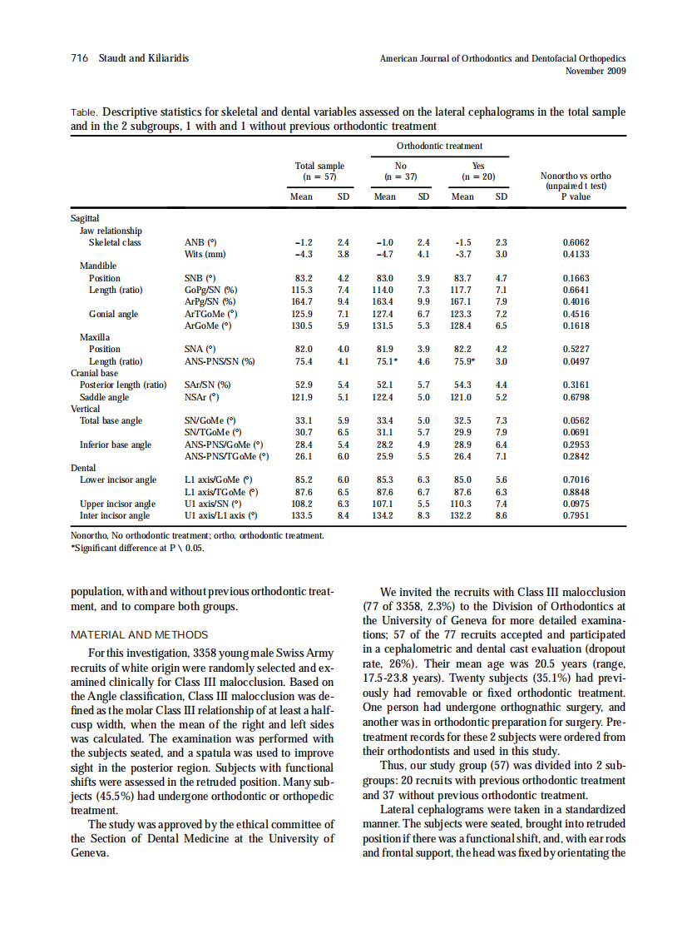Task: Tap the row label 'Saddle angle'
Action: tap(104, 397)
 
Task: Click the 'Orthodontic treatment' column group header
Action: tap(439, 147)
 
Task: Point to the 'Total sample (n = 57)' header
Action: tap(319, 171)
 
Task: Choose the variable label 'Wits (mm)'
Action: tap(205, 254)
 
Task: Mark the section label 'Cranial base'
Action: tap(94, 373)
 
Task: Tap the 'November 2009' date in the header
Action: tap(595, 71)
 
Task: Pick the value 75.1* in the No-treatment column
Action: tap(387, 361)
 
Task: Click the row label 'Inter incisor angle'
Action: tap(115, 515)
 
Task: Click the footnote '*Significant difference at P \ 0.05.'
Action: tap(138, 548)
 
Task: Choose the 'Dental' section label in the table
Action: tap(83, 468)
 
